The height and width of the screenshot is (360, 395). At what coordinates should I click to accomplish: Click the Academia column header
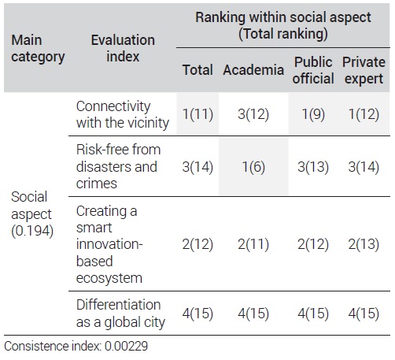tap(253, 70)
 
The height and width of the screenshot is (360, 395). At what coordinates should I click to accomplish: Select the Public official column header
tap(313, 70)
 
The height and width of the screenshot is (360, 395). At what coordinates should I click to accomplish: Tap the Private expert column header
tap(364, 70)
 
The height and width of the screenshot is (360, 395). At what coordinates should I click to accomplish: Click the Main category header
tap(38, 49)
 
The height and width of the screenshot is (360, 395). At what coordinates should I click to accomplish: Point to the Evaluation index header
tap(123, 48)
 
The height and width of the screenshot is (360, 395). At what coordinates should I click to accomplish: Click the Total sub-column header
tap(197, 70)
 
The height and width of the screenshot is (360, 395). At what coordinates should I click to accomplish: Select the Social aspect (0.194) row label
tap(32, 214)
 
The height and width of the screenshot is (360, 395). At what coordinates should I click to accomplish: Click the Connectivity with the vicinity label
tap(123, 114)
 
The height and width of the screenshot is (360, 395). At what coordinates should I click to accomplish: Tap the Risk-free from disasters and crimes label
tap(118, 166)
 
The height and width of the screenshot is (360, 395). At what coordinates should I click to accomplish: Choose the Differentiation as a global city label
tap(120, 314)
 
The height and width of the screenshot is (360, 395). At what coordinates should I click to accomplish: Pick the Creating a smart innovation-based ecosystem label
tap(109, 244)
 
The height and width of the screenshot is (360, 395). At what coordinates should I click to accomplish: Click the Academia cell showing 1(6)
tap(253, 167)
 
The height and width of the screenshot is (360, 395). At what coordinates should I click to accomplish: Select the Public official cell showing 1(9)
tap(313, 114)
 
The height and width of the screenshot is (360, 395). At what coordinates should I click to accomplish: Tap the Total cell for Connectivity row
tap(197, 114)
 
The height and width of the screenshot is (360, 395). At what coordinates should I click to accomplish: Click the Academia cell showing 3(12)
tap(253, 114)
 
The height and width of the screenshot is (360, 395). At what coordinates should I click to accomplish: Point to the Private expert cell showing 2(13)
tap(364, 244)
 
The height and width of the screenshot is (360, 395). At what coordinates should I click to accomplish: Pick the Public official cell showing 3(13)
tap(313, 167)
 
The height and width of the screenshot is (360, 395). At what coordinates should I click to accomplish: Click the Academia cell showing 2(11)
tap(253, 244)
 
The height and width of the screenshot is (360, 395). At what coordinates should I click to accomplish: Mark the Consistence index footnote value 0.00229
tap(126, 346)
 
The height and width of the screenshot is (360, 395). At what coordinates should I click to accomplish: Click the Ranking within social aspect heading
tap(283, 25)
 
